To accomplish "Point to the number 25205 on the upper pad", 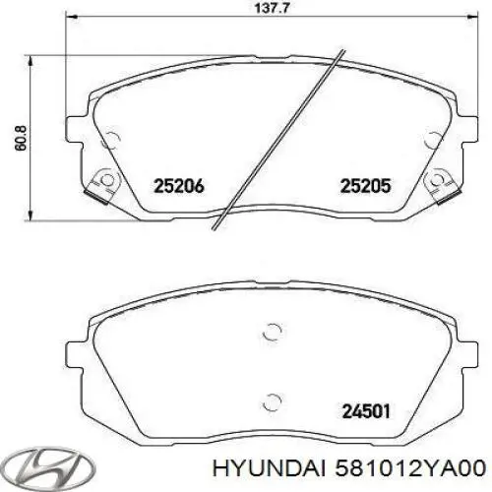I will pyautogui.click(x=366, y=184).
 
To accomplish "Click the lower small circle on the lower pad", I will pyautogui.click(x=273, y=400).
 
